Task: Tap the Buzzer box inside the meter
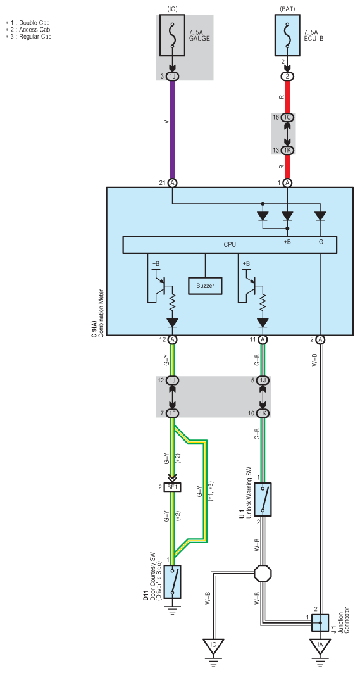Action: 206,286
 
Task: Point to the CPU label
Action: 230,244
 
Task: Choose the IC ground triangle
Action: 213,646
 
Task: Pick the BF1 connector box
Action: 173,487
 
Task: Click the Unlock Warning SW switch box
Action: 263,499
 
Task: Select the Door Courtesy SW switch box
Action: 173,581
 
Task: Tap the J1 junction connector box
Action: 320,623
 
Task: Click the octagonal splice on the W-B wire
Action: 263,573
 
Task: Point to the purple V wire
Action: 173,129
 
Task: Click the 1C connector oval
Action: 287,116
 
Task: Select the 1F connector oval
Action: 173,413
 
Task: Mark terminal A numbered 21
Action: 173,182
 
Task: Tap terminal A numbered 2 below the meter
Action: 320,339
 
